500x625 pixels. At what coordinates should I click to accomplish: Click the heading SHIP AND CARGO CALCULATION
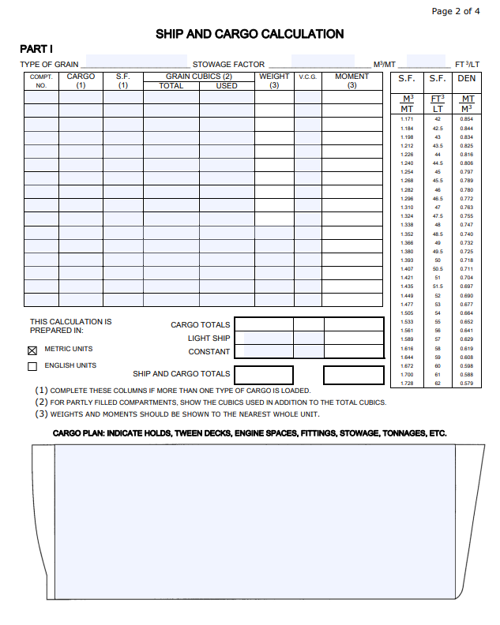pos(250,34)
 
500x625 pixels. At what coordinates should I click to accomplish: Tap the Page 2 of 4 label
pos(456,11)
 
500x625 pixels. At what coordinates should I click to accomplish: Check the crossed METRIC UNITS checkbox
pos(32,350)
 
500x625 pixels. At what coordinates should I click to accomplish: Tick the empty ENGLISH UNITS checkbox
pos(32,366)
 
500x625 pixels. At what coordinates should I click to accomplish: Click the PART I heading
pos(36,49)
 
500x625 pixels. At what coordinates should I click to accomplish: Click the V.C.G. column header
pos(308,77)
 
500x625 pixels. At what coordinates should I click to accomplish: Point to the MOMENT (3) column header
pos(352,80)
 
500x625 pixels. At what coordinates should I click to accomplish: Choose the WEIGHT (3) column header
pos(274,80)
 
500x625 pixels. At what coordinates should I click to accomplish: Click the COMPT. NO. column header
pos(41,80)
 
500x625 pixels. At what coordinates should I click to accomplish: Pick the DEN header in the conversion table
pos(467,79)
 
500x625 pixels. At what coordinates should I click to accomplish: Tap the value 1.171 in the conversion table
pos(407,118)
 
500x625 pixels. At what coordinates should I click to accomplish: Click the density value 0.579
pos(467,384)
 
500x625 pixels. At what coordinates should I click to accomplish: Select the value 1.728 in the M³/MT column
pos(407,384)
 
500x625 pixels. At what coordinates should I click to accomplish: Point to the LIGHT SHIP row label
pos(209,339)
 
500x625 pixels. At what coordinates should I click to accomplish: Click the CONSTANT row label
pos(209,352)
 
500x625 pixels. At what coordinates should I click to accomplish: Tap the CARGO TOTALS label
pos(201,325)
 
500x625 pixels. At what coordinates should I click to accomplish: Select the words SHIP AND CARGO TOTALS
pos(182,374)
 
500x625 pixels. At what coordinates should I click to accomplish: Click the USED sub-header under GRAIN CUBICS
pos(227,86)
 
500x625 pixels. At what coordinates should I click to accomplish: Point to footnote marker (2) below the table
pos(42,402)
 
